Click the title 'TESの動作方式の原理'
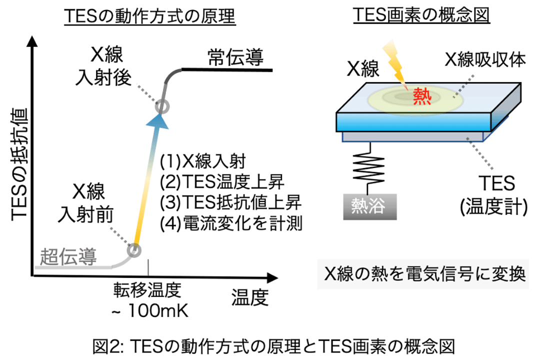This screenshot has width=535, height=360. pyautogui.click(x=149, y=17)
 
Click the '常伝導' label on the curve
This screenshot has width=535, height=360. pyautogui.click(x=235, y=59)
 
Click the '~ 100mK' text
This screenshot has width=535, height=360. pyautogui.click(x=149, y=311)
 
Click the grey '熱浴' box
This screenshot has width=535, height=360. pyautogui.click(x=370, y=205)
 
